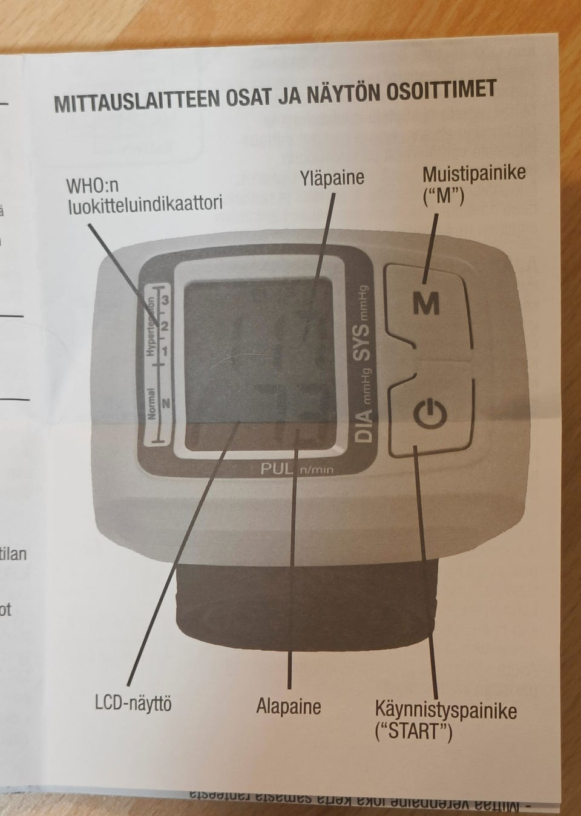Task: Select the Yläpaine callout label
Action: [332, 178]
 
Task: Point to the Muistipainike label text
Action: [474, 174]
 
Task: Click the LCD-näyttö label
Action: [133, 703]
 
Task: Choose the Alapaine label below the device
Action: [288, 706]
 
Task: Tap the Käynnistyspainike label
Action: [445, 709]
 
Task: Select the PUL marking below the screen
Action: [277, 468]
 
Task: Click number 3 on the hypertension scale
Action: [165, 300]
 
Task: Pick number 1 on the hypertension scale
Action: [165, 350]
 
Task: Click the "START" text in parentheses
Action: [414, 731]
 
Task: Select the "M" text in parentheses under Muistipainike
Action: [444, 197]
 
